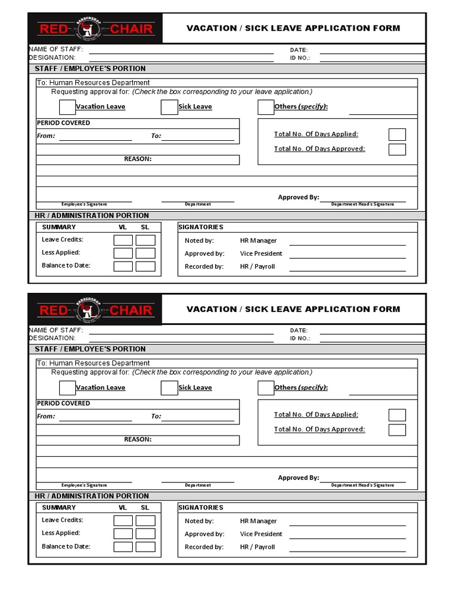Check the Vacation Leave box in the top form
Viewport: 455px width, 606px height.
pos(67,107)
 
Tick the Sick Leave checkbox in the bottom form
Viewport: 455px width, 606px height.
pos(169,388)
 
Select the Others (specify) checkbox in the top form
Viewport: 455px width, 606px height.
pos(265,107)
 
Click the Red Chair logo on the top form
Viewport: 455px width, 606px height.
pos(95,28)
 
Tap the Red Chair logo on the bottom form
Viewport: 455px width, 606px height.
pos(95,309)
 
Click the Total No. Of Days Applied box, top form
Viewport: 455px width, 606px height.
pos(397,134)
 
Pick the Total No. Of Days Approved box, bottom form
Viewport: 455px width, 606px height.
pos(397,430)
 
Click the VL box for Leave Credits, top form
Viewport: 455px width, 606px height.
pos(123,240)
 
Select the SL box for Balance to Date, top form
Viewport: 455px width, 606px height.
pos(145,266)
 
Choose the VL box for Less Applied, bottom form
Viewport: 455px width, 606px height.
pos(123,533)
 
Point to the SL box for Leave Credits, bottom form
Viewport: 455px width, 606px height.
pos(145,521)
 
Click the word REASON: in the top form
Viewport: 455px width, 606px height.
pos(137,159)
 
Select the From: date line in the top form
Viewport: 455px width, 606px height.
pos(95,139)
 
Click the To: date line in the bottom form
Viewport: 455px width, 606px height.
pos(198,420)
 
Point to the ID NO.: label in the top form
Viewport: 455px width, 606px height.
pos(300,58)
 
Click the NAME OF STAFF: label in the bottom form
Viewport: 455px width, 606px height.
pos(56,330)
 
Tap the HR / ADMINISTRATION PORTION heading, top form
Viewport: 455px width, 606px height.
pos(92,216)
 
